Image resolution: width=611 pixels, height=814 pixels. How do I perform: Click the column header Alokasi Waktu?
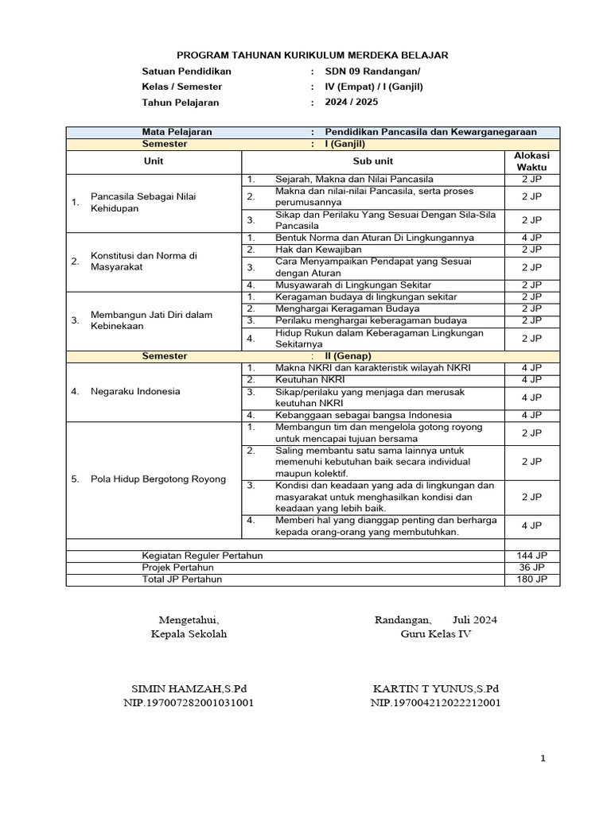531,161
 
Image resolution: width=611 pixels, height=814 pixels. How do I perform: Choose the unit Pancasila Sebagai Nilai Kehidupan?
143,202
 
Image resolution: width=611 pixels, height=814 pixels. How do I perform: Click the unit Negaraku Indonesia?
135,391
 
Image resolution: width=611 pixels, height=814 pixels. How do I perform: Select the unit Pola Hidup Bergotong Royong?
158,479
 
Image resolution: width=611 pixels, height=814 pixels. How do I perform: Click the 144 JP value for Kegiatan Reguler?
531,555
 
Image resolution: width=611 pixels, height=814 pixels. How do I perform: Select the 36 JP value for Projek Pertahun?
531,567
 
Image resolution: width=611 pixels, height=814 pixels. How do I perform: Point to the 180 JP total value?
531,579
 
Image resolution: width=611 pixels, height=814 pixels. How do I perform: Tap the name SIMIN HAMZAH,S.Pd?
189,688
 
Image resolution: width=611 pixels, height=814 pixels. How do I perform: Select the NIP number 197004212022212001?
435,703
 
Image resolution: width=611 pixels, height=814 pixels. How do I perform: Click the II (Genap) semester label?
348,356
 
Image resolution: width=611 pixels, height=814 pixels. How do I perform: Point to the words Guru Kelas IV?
435,634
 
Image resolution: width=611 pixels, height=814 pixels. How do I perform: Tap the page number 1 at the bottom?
543,759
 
